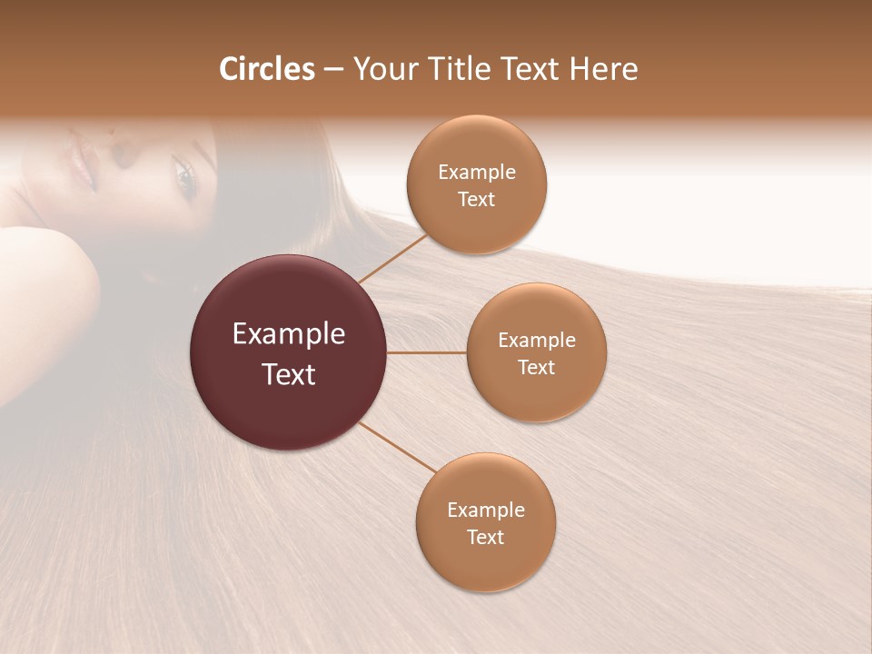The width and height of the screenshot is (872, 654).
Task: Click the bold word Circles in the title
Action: tap(266, 69)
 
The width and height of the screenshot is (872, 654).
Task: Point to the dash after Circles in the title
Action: tap(333, 70)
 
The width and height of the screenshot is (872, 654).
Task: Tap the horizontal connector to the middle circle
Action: tap(426, 352)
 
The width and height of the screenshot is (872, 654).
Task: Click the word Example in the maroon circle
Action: tap(289, 334)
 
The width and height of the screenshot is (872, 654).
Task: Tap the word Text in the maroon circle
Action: tap(289, 374)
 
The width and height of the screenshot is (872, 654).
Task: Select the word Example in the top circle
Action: tap(477, 173)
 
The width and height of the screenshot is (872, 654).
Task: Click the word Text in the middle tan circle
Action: tap(536, 368)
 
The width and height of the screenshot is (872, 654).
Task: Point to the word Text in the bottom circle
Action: tap(485, 537)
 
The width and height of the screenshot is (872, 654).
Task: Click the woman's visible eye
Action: tap(184, 177)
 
